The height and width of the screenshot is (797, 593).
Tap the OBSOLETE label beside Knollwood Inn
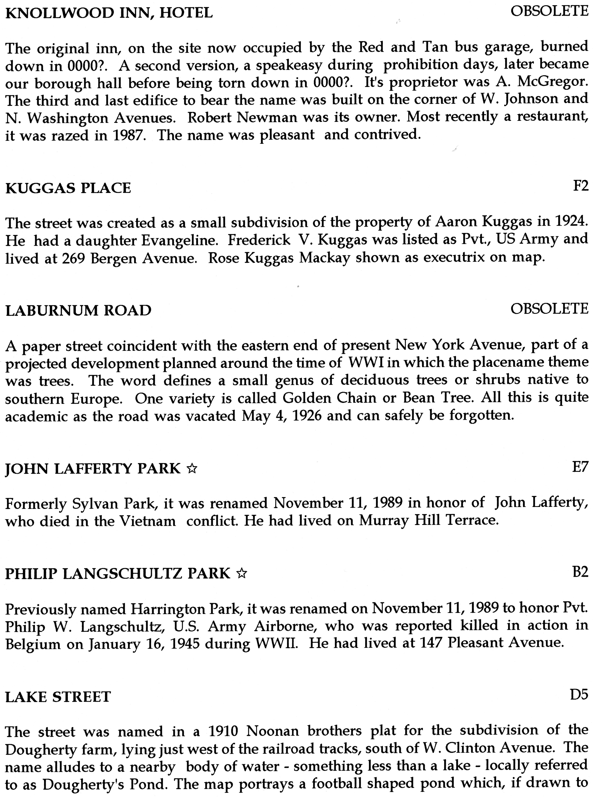pos(549,12)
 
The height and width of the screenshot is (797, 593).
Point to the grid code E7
pos(580,467)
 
